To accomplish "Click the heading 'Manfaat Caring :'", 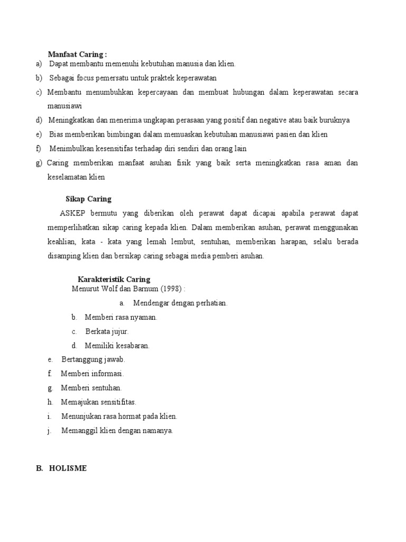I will point(77,54).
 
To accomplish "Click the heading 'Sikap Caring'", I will point(88,199).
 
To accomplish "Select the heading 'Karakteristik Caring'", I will point(114,279).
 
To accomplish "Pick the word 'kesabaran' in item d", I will point(133,346).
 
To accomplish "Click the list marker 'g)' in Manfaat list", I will point(39,162).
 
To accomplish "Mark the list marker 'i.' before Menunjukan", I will point(49,416).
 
